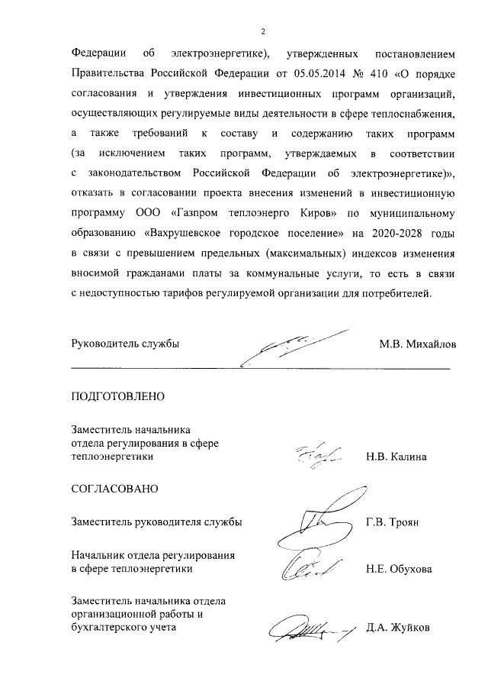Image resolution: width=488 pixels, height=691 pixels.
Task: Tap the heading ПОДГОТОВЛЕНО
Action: [117, 397]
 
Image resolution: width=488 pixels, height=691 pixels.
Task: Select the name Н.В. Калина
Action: [396, 457]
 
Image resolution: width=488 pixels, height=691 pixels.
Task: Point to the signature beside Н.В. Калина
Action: [313, 455]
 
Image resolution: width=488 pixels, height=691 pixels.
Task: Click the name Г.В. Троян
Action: [393, 523]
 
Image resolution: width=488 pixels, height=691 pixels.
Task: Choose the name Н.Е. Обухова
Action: [399, 569]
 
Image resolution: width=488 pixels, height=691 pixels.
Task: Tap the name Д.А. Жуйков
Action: [397, 628]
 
